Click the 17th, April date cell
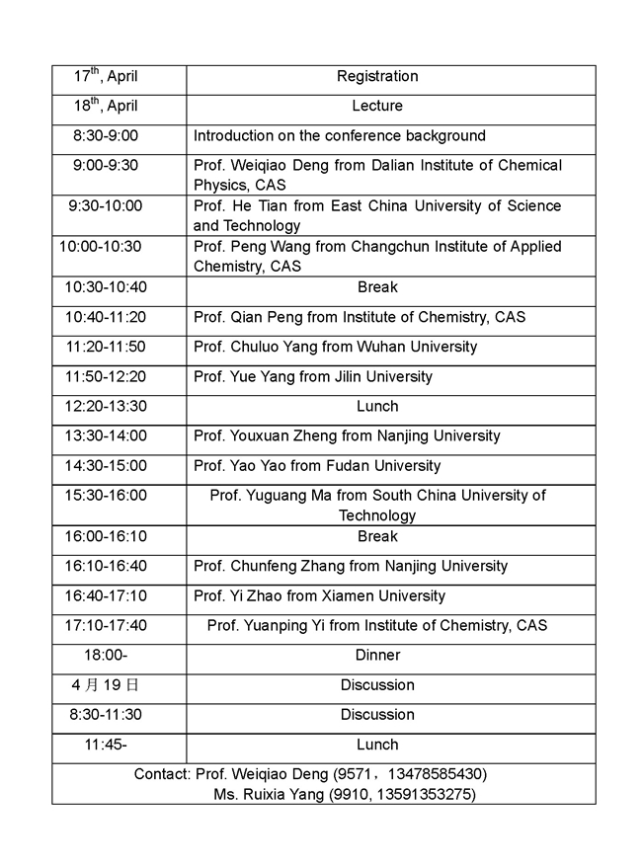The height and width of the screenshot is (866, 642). pos(106,77)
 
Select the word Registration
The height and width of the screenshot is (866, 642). pos(377,77)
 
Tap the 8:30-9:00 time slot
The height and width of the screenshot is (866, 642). pos(105,136)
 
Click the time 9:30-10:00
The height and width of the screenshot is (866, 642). pos(105,206)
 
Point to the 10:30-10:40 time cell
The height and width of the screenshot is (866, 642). pos(105,287)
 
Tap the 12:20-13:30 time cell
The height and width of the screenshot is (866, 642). pos(105,406)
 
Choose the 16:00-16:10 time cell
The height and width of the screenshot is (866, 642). pos(105,536)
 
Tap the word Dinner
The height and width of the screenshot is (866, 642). pos(377,656)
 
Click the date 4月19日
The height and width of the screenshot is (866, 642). pos(105,685)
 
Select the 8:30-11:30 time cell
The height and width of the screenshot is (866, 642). pos(105,715)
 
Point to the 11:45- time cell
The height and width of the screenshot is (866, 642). pos(105,745)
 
